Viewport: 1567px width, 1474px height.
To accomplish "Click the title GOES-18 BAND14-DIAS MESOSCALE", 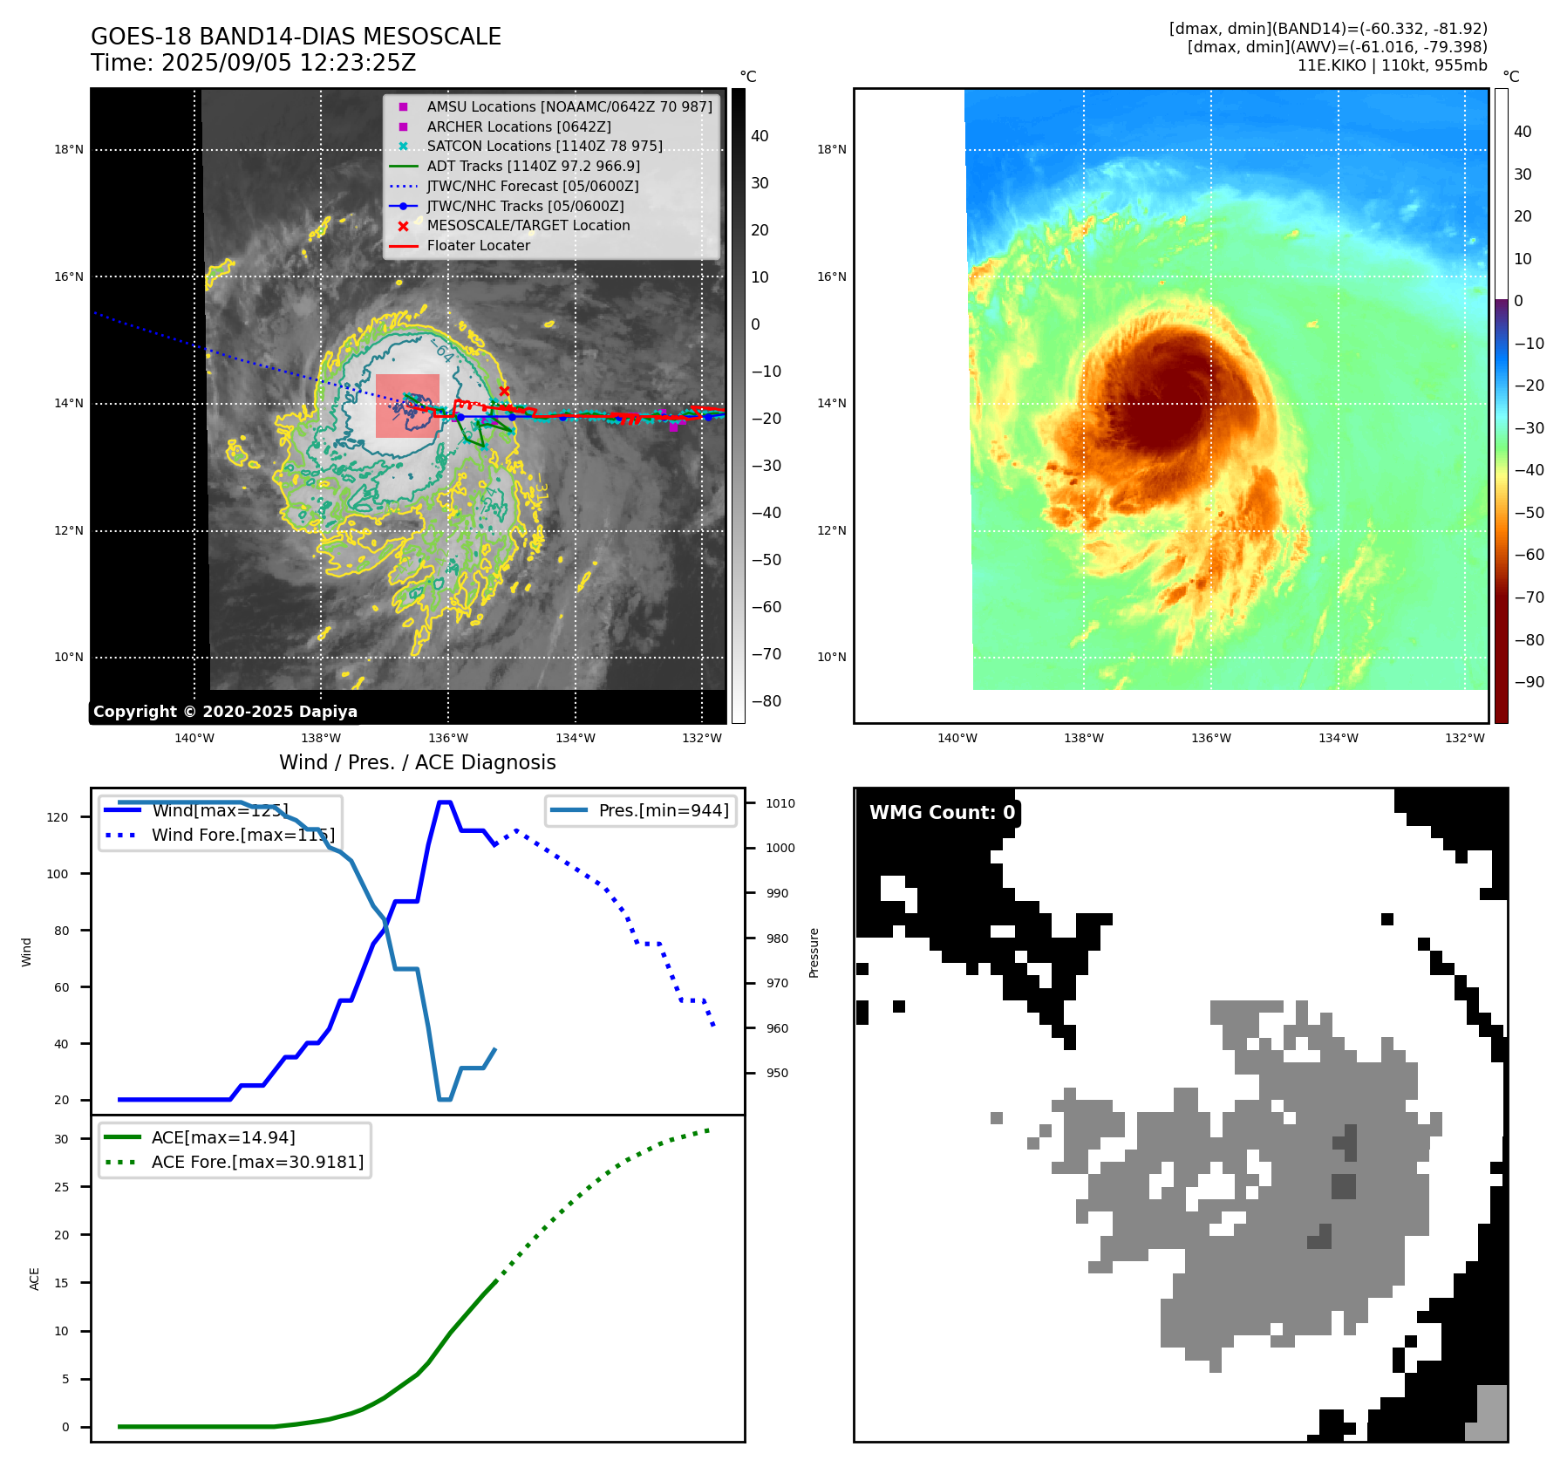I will pyautogui.click(x=296, y=37).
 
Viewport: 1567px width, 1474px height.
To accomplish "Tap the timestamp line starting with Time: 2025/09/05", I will pyautogui.click(x=253, y=63).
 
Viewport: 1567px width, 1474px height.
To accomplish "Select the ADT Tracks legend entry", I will pyautogui.click(x=533, y=166).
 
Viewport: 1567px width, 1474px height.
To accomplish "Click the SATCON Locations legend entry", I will pyautogui.click(x=544, y=146).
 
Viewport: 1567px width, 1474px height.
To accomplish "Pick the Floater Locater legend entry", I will pyautogui.click(x=478, y=245).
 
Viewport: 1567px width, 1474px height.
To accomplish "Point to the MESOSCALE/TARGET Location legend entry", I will pyautogui.click(x=528, y=225).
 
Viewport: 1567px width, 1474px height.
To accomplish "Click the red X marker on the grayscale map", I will pyautogui.click(x=504, y=392).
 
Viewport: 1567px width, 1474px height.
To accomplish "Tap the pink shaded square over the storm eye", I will pyautogui.click(x=407, y=406).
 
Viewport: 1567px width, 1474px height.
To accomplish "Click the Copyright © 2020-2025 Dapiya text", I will pyautogui.click(x=225, y=712).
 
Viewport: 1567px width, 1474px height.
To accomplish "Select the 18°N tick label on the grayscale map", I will pyautogui.click(x=69, y=150).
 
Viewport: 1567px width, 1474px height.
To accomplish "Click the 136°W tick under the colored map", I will pyautogui.click(x=1211, y=738).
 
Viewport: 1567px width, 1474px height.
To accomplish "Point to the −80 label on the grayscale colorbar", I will pyautogui.click(x=766, y=701).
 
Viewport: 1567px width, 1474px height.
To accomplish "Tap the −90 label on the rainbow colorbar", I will pyautogui.click(x=1530, y=682).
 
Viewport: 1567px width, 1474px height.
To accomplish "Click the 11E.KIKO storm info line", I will pyautogui.click(x=1392, y=65).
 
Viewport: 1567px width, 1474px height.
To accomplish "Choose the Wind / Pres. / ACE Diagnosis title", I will pyautogui.click(x=417, y=762).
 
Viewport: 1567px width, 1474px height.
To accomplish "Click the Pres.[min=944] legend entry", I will pyautogui.click(x=663, y=810).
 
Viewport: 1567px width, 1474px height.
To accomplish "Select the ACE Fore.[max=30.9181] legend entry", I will pyautogui.click(x=257, y=1162).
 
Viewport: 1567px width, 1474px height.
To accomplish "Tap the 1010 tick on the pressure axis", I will pyautogui.click(x=780, y=803).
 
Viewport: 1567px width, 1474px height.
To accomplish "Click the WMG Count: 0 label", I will pyautogui.click(x=942, y=813).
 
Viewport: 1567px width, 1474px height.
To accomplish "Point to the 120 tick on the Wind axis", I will pyautogui.click(x=58, y=817).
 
